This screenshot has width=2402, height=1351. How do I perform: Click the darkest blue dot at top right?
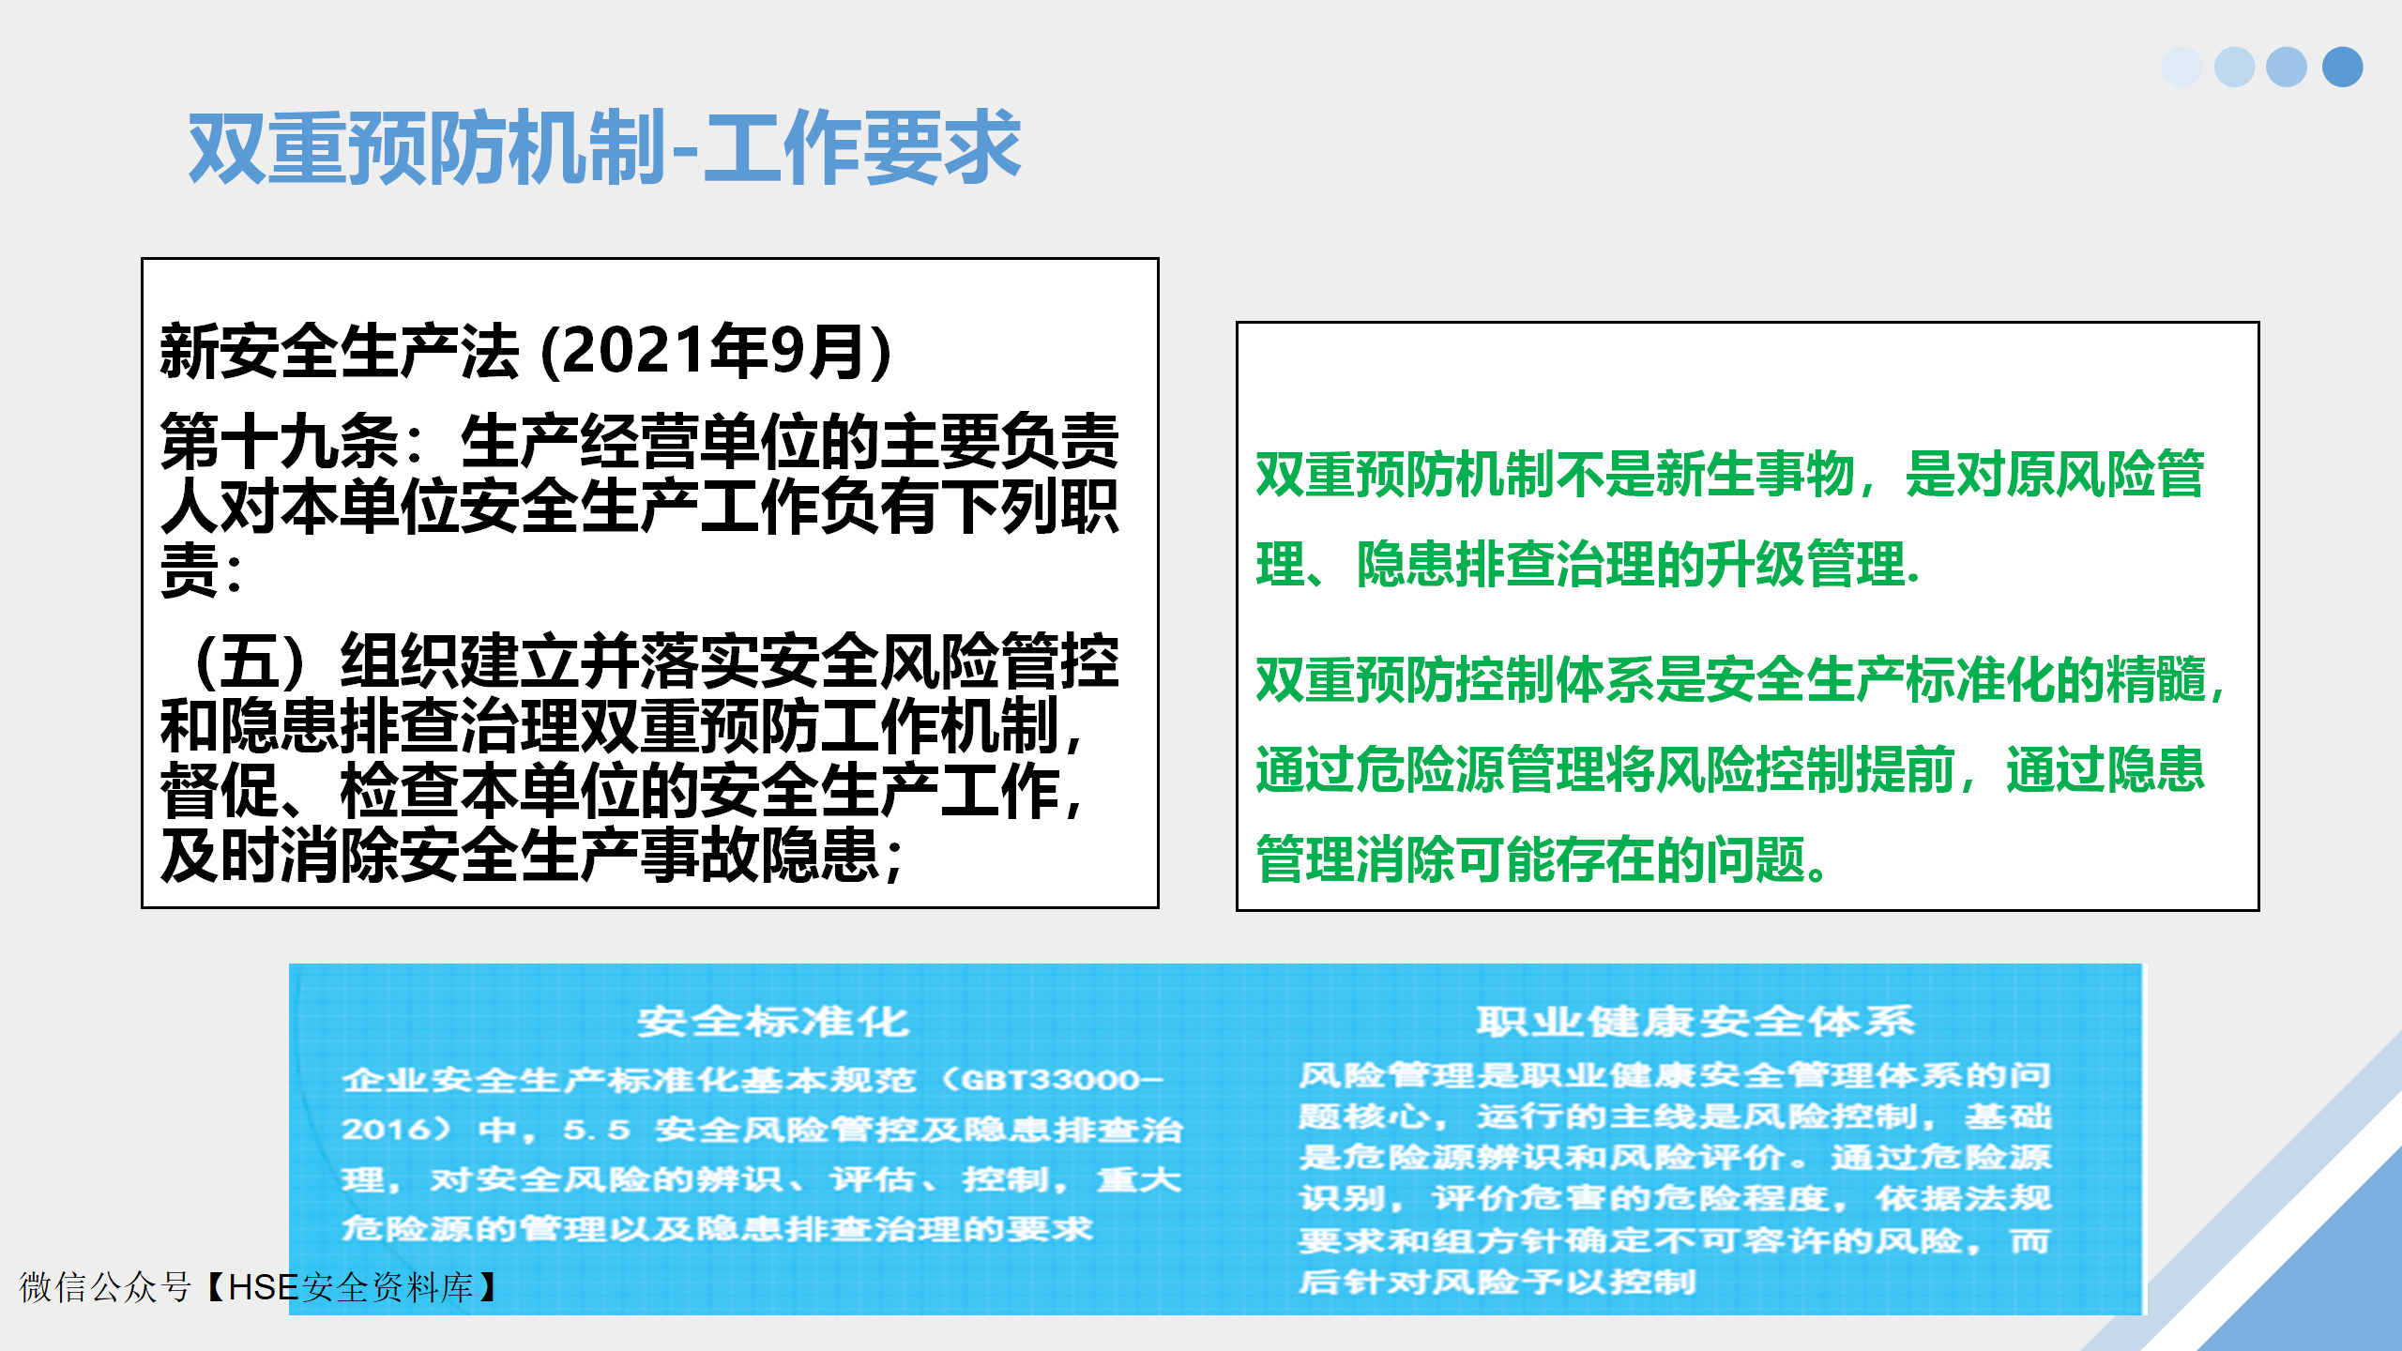click(2342, 67)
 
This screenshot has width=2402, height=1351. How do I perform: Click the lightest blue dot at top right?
click(2182, 67)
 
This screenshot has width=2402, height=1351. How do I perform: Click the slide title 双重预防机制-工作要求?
click(604, 146)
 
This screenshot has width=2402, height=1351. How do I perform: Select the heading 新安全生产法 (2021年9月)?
click(525, 351)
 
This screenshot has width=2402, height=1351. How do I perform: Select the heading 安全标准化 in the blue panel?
click(773, 1022)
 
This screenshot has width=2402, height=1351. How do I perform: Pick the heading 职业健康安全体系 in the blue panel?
click(1695, 1021)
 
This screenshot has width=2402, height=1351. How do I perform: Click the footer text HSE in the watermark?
click(264, 1287)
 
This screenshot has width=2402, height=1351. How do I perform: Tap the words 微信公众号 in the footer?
click(105, 1287)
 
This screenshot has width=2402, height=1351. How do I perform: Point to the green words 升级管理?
click(1805, 564)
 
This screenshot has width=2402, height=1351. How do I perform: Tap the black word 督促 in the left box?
click(220, 791)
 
